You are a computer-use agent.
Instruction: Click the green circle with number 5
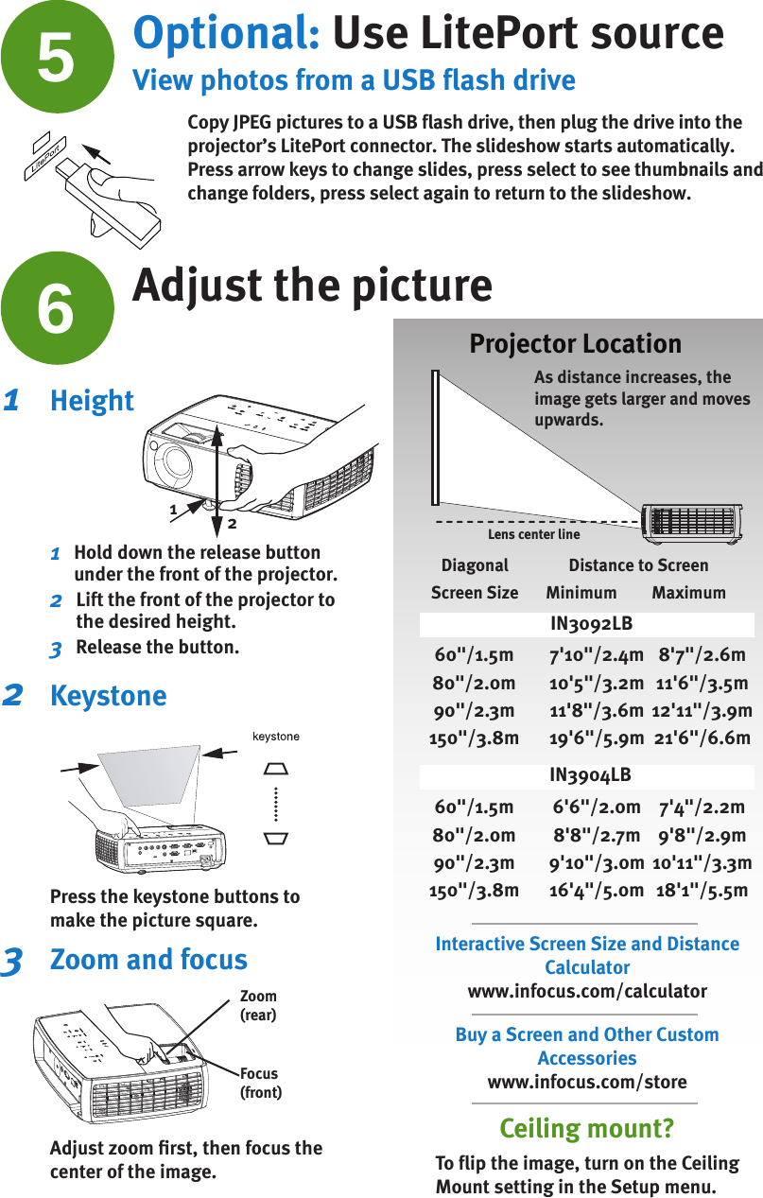57,55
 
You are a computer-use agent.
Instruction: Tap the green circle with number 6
57,307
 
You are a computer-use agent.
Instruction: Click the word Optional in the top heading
226,34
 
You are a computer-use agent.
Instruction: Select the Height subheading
92,401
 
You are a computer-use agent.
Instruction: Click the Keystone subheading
108,696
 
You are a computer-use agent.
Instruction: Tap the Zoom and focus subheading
148,960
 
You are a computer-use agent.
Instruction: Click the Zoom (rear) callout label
258,1005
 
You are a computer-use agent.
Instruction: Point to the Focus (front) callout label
260,1083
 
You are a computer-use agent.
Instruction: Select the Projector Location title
575,343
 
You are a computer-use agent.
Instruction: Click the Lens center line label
533,534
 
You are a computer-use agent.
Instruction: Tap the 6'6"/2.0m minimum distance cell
597,807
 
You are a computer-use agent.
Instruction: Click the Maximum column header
688,593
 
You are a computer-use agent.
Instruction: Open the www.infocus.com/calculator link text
587,991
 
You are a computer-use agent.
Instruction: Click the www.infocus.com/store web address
587,1082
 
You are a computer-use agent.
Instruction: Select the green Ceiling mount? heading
586,1128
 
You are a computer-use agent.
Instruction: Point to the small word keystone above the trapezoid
274,736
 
